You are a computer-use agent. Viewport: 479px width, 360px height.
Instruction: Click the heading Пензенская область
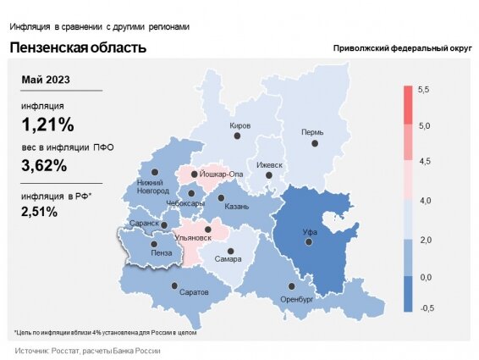(78, 47)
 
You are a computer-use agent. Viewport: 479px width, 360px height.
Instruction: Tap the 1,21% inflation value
(47, 125)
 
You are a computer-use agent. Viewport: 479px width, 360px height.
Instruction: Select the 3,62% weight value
(47, 165)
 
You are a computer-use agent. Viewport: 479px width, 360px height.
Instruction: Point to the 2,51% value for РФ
(39, 212)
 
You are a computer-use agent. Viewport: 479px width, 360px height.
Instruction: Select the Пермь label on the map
(311, 132)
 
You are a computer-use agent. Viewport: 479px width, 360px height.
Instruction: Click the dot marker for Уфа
(310, 242)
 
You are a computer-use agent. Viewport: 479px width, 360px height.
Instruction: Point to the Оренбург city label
(297, 299)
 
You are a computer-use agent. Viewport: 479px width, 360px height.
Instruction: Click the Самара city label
(228, 258)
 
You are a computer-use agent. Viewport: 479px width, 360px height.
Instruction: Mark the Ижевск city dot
(270, 175)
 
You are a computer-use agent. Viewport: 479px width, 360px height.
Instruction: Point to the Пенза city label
(160, 252)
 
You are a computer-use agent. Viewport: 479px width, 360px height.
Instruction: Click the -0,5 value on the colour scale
(425, 308)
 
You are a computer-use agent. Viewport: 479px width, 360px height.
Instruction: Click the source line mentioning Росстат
(87, 351)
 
